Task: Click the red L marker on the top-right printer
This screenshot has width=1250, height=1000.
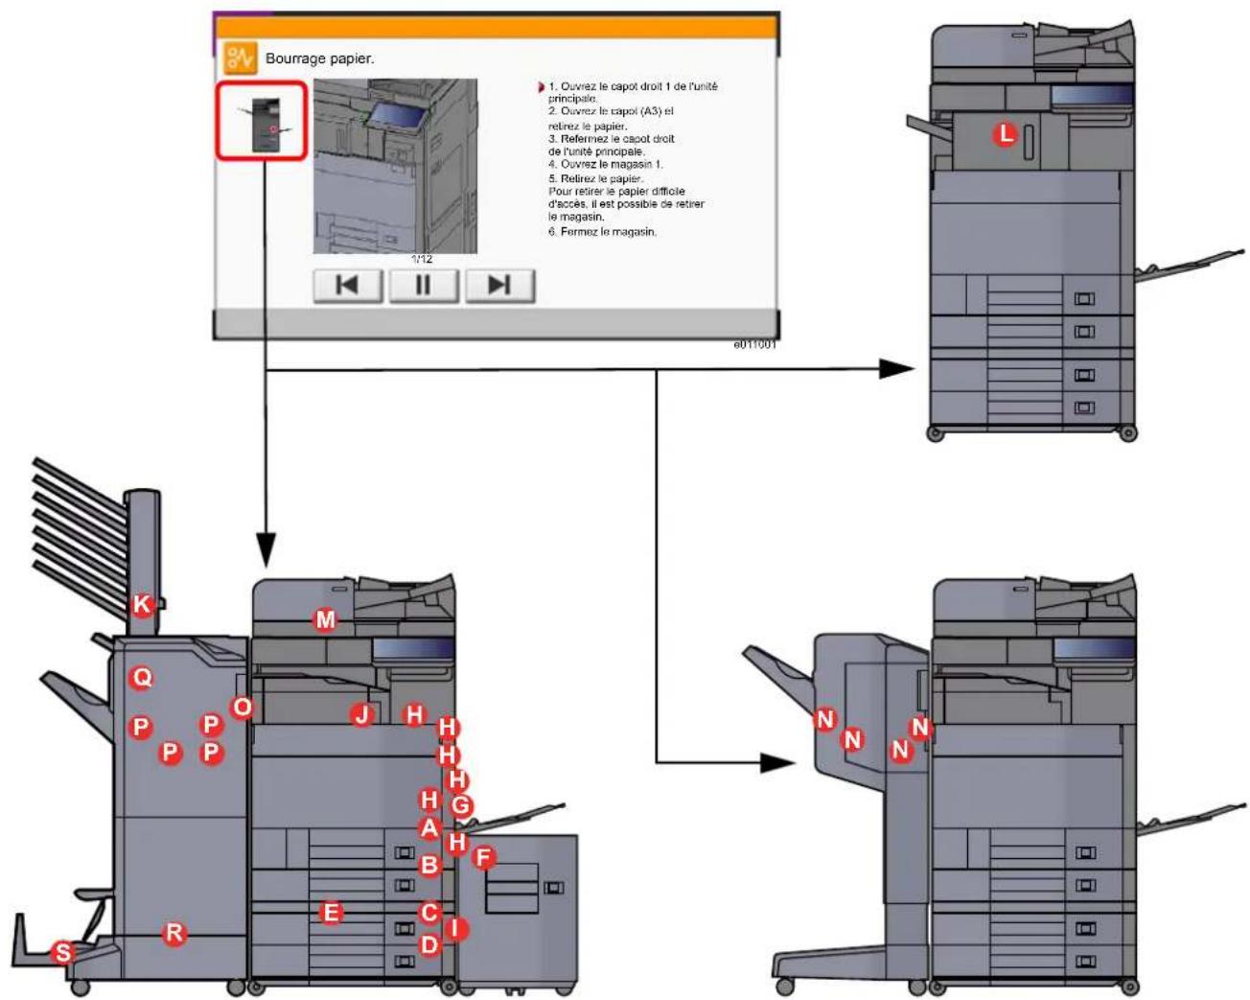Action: pos(1005,134)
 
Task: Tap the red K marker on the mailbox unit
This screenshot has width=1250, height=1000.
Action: pos(142,604)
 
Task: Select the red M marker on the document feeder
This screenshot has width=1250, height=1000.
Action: pos(326,619)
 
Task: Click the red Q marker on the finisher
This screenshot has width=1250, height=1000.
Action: pos(142,678)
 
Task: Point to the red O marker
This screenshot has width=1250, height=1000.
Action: pos(242,708)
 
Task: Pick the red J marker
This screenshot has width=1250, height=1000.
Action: pos(361,714)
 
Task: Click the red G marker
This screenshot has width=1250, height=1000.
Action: pos(461,805)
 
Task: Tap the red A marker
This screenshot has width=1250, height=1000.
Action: pos(429,827)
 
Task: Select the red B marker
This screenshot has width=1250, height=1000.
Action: pos(429,865)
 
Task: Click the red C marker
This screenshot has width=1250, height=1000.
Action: pos(429,913)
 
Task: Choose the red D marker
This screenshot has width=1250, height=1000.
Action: pos(429,945)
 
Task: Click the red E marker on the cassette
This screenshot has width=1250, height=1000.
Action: pos(331,913)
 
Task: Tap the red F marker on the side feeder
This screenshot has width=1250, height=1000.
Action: pos(484,857)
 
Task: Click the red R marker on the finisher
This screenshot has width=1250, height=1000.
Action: pos(174,932)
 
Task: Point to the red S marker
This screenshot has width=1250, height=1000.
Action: pos(62,952)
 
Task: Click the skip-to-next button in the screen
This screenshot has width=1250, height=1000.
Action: pos(499,286)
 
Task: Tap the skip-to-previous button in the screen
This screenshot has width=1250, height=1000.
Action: pos(347,286)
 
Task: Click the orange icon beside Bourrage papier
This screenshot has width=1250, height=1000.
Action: pos(240,58)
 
